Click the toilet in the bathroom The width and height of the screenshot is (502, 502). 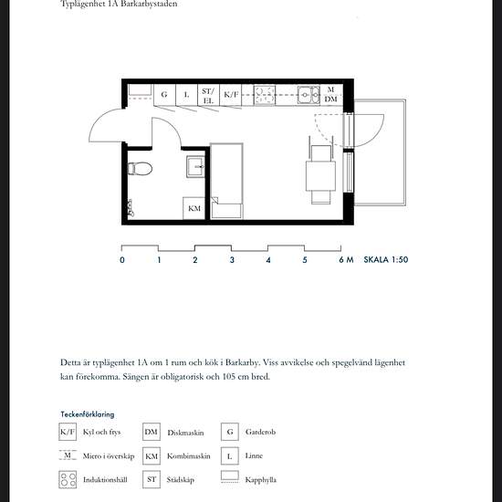tap(140, 169)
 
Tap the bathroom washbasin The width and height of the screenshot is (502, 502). tap(195, 166)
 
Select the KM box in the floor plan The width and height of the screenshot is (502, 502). tap(194, 208)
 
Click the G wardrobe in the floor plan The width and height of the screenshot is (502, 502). tap(164, 95)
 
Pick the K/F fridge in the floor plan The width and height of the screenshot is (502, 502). tap(231, 95)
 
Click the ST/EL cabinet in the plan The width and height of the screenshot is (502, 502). tap(208, 96)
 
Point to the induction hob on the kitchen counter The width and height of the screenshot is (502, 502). tap(265, 95)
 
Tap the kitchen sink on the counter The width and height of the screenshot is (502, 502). tap(309, 95)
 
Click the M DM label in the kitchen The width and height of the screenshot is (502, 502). tap(330, 95)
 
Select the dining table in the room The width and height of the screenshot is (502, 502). tap(320, 176)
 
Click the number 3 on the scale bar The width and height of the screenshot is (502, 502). tap(232, 260)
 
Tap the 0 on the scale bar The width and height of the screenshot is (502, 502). tap(122, 260)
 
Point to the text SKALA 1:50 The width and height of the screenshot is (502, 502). tap(386, 259)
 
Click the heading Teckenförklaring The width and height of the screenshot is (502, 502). tap(88, 414)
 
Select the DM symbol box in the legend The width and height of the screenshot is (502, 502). tap(152, 432)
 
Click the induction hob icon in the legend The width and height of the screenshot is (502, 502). tap(68, 479)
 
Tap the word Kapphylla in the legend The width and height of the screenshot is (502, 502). tap(261, 480)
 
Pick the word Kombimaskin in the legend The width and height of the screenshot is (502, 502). tap(189, 455)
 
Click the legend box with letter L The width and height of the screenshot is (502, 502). tap(230, 455)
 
